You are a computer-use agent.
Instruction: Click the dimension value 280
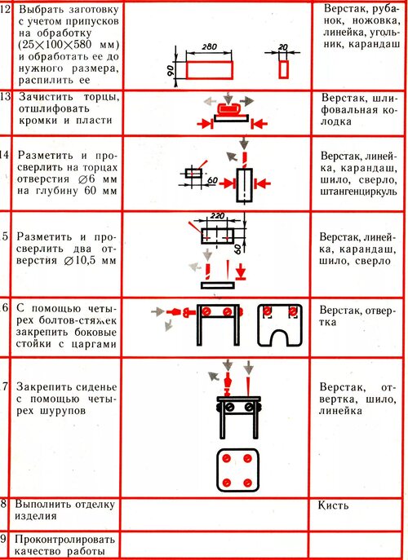[x=209, y=46]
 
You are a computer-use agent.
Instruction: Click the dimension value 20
[x=283, y=47]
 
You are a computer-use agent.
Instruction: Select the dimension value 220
[x=217, y=216]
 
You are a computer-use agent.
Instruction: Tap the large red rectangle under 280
[x=210, y=70]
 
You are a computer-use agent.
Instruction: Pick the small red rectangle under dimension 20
[x=284, y=69]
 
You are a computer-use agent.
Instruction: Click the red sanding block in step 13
[x=228, y=108]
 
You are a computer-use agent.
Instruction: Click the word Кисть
[x=333, y=505]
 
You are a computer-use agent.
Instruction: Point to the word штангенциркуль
[x=359, y=192]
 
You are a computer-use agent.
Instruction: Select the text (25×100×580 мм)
[x=69, y=45]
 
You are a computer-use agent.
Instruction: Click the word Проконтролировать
[x=64, y=540]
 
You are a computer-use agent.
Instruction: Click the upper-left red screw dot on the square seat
[x=227, y=459]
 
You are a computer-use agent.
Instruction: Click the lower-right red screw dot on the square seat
[x=247, y=483]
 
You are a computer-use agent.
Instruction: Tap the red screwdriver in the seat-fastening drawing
[x=227, y=384]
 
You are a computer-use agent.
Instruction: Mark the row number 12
[x=5, y=9]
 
